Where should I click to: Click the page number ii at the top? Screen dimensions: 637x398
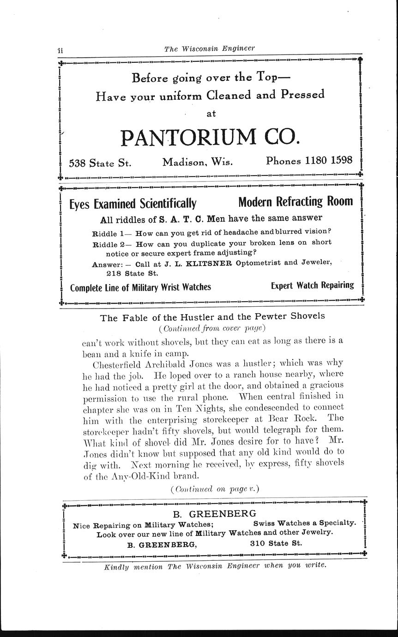point(60,49)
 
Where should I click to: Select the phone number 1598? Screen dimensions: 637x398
point(342,160)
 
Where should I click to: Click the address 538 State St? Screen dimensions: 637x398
point(100,163)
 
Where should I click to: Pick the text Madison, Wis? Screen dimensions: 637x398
point(198,162)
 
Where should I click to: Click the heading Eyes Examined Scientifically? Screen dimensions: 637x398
point(133,204)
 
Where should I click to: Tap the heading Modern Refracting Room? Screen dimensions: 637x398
point(295,202)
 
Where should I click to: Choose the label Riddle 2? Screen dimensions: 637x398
point(106,244)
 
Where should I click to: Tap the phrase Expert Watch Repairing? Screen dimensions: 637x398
point(312,285)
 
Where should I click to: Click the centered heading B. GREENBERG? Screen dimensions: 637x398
point(214,514)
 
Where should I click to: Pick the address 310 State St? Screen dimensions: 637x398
point(276,543)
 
